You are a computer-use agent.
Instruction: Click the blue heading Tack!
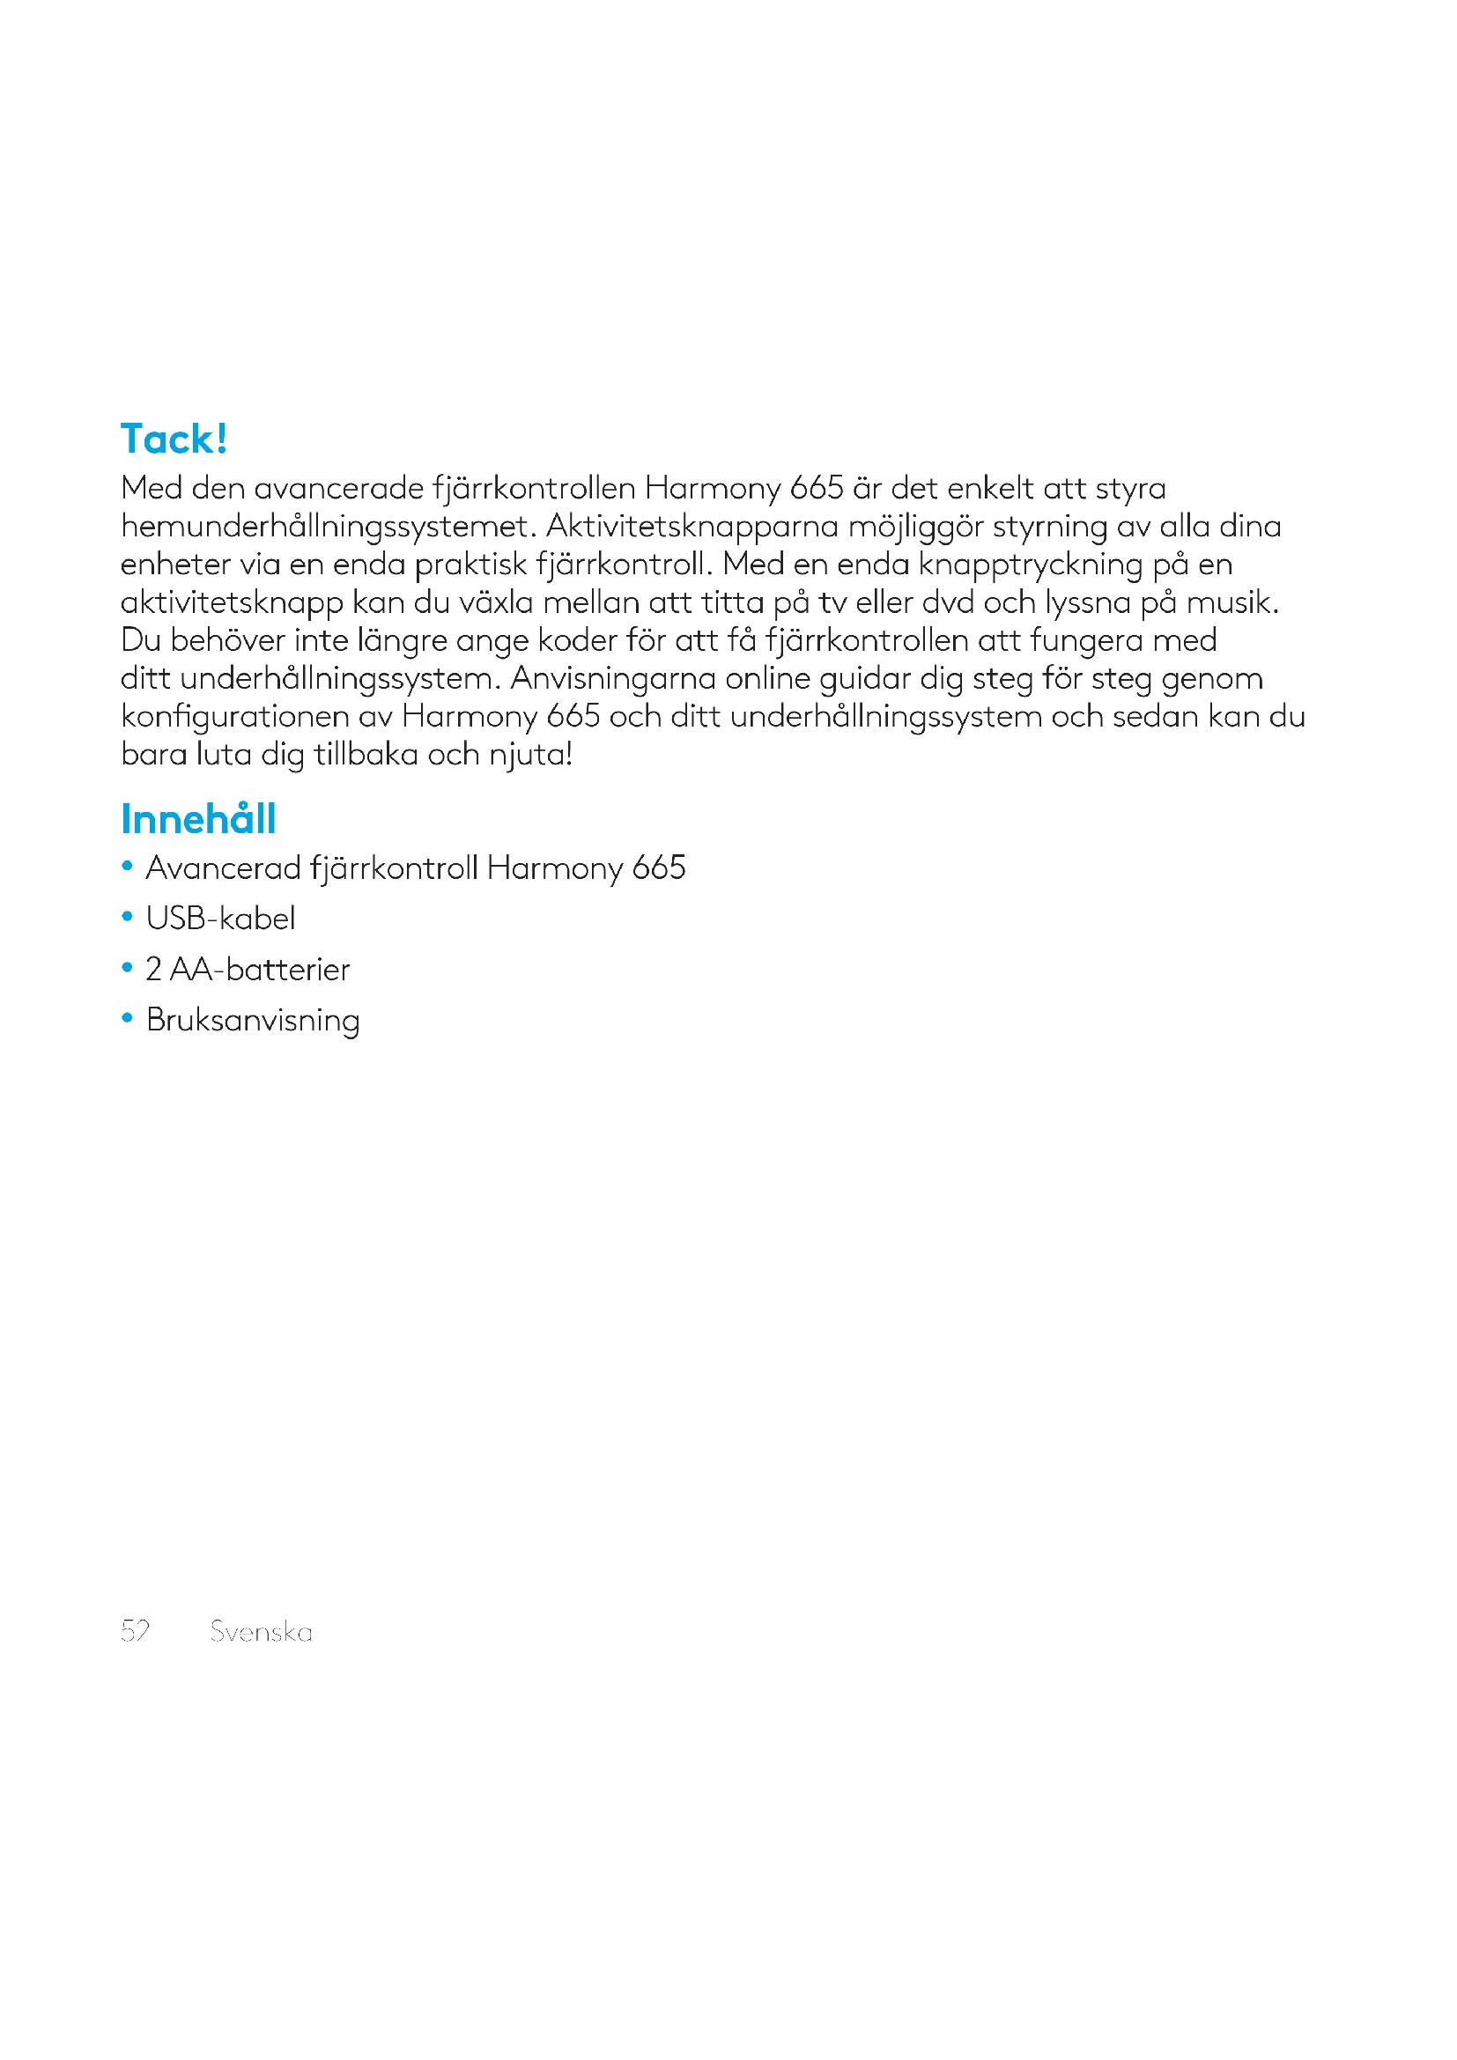click(174, 439)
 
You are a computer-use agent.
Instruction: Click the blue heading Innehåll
click(198, 819)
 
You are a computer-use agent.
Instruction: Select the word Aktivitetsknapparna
click(692, 526)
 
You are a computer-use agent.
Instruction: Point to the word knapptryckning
click(1031, 565)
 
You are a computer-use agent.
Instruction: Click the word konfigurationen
click(234, 717)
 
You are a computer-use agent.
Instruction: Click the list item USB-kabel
click(221, 919)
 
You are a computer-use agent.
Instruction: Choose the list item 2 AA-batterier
click(248, 970)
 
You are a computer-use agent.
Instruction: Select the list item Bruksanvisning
click(253, 1021)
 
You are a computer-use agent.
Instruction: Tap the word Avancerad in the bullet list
click(224, 868)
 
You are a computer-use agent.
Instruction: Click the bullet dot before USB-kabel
click(128, 918)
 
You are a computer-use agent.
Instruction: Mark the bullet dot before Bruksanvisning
click(128, 1019)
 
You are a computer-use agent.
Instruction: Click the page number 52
click(136, 1630)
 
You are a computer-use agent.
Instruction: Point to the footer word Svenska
click(261, 1631)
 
